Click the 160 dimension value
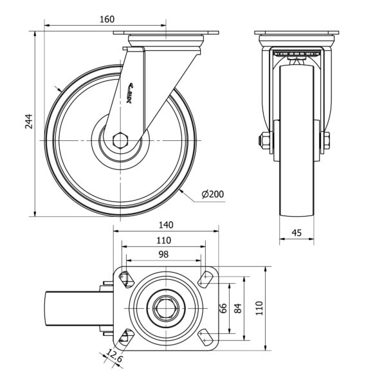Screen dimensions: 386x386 107,19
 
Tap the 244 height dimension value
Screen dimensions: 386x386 29,122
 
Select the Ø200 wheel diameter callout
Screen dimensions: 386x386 213,194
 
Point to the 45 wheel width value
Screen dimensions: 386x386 297,233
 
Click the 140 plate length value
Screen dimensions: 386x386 166,225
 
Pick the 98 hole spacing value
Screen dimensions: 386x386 163,255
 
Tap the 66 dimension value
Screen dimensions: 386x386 223,308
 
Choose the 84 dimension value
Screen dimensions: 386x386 238,308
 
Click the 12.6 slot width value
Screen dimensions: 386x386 114,356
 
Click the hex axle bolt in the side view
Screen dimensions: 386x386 120,140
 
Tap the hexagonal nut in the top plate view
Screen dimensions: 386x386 166,308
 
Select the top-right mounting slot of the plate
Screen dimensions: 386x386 206,279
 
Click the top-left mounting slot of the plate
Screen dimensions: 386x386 126,279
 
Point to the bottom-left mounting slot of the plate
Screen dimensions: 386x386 126,338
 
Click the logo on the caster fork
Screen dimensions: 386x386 130,93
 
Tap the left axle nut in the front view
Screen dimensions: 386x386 264,140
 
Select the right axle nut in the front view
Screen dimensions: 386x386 326,140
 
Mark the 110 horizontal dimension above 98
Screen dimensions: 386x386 163,240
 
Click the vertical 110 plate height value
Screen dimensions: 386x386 259,308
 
